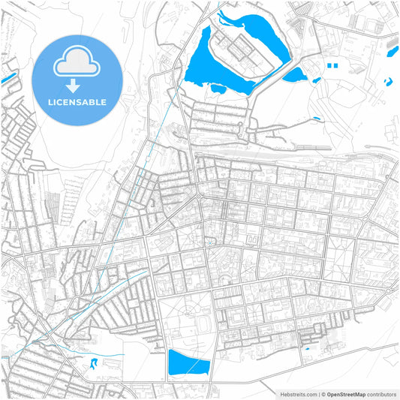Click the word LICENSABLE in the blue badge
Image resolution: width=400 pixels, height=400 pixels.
77,102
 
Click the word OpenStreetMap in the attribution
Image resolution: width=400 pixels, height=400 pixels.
350,393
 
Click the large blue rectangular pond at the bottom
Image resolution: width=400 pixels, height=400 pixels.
188,363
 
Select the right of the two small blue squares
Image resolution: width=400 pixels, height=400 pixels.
336,66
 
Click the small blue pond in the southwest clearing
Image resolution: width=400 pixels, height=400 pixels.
93,364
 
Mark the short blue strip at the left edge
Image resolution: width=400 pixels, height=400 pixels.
9,77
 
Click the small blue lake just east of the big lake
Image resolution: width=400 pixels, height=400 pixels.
294,74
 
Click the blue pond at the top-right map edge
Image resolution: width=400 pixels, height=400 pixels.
391,50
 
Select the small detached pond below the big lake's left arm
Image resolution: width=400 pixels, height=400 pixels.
218,89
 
